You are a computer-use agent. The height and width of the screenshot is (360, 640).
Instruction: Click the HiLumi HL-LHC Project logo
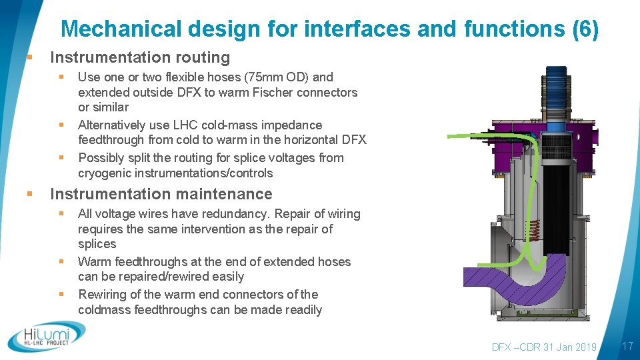click(x=47, y=336)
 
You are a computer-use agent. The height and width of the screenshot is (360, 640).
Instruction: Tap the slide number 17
click(x=627, y=346)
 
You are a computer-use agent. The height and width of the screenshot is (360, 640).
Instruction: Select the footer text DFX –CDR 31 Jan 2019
click(x=544, y=347)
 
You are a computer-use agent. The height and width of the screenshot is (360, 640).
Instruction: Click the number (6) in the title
click(x=585, y=29)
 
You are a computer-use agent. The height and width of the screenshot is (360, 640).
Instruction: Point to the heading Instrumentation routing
click(x=140, y=57)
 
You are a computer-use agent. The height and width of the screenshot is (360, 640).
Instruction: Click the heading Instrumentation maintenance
click(x=161, y=194)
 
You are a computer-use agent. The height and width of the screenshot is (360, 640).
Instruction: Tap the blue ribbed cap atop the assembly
click(x=555, y=83)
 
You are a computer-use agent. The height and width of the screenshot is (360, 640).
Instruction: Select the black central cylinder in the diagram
click(x=556, y=200)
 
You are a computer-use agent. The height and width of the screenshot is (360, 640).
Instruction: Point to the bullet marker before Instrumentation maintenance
click(x=29, y=194)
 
